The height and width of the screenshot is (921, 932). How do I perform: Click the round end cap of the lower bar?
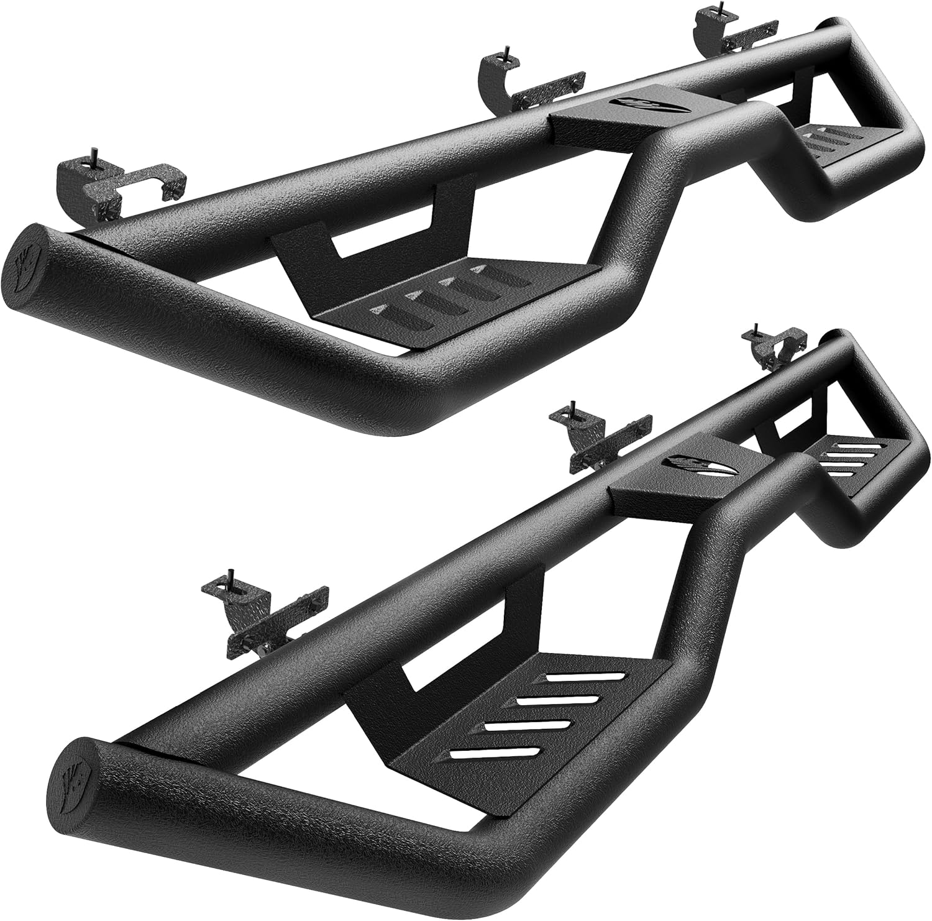(x=80, y=774)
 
